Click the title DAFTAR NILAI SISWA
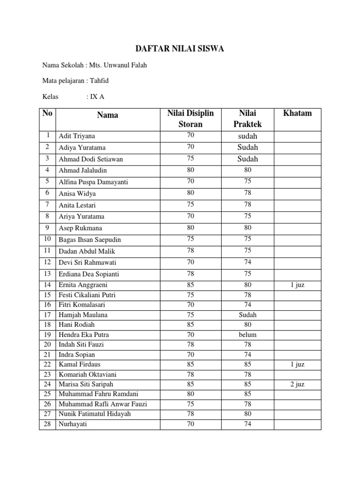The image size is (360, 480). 180,48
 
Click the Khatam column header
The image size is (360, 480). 297,113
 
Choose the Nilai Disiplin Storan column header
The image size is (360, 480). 190,119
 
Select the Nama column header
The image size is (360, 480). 108,115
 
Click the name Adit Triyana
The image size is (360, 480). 77,136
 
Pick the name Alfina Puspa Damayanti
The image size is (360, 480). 93,182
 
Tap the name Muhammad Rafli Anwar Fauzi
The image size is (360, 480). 103,404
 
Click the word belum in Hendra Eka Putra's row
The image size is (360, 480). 247,335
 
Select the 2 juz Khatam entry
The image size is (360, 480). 297,384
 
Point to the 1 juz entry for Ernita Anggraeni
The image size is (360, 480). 297,285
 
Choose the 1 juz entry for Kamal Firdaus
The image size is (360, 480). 297,364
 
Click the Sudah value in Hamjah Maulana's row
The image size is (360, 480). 247,315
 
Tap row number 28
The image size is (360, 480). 47,424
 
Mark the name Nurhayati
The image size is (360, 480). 73,424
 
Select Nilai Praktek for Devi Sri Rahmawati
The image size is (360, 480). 247,262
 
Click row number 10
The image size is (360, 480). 47,240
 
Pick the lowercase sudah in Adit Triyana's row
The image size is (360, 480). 247,136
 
